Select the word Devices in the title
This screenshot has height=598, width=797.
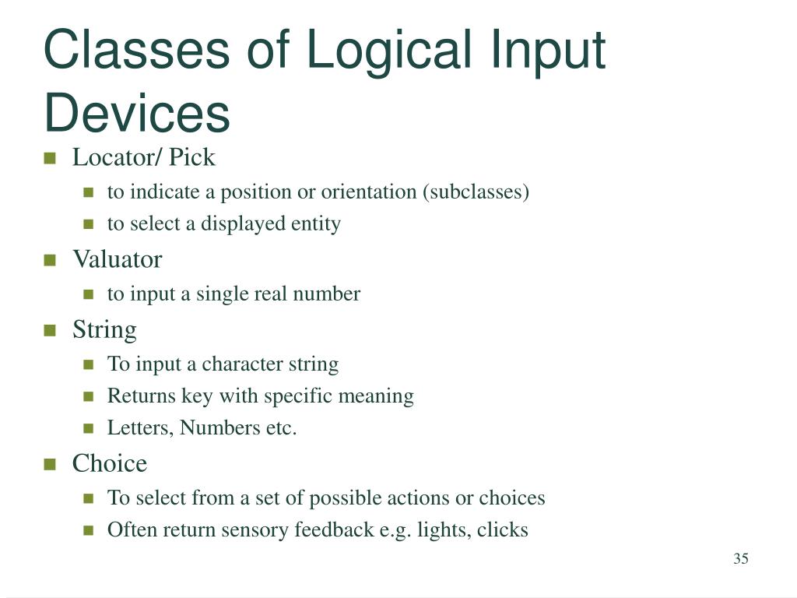pyautogui.click(x=137, y=113)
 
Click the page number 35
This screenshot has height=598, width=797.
pyautogui.click(x=740, y=559)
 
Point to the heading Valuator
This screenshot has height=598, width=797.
pyautogui.click(x=117, y=259)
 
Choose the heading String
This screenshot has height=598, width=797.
pyautogui.click(x=104, y=329)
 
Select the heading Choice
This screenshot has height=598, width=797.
pyautogui.click(x=110, y=463)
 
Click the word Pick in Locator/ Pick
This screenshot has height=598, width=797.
pyautogui.click(x=192, y=157)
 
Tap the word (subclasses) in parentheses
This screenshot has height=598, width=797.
pyautogui.click(x=476, y=192)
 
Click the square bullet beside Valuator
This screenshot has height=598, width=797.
pyautogui.click(x=51, y=260)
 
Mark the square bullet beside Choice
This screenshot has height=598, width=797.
pyautogui.click(x=51, y=464)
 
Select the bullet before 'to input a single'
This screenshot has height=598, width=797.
pyautogui.click(x=89, y=295)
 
